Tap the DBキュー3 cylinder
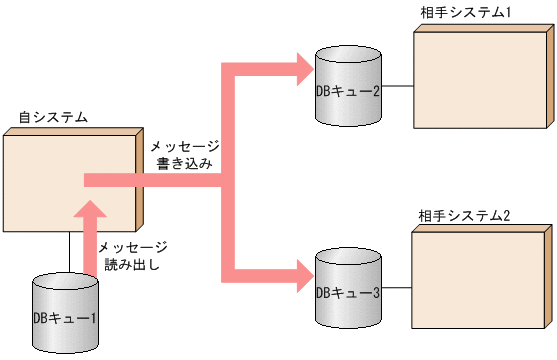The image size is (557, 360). tap(348, 290)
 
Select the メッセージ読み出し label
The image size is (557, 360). tap(132, 257)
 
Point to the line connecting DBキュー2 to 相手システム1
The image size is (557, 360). tap(398, 87)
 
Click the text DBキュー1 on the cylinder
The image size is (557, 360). tap(65, 318)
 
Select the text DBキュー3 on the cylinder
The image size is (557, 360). tap(348, 293)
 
